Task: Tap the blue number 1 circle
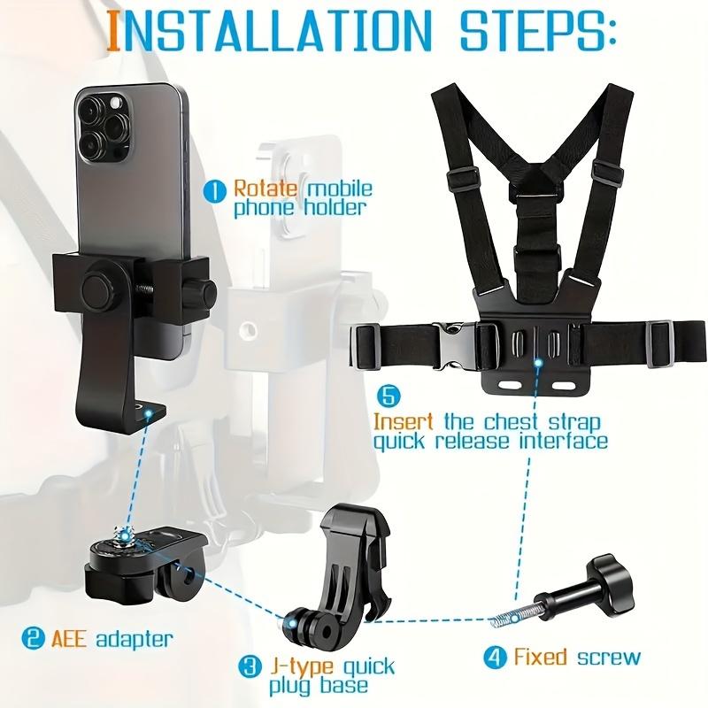[215, 189]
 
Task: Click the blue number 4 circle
[494, 657]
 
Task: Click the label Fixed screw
[576, 657]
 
